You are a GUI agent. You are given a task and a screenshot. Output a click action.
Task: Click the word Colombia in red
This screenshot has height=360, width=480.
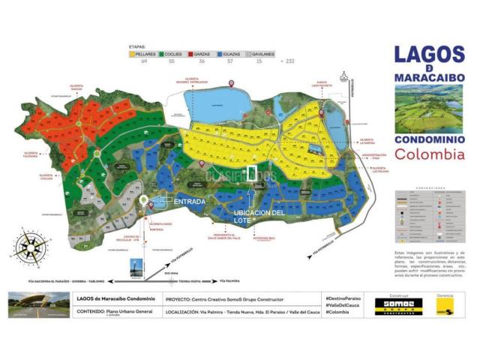(x=428, y=154)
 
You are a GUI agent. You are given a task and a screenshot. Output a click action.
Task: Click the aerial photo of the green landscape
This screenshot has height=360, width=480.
(x=428, y=106)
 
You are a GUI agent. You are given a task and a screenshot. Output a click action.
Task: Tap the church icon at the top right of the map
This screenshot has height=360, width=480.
(x=344, y=76)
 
